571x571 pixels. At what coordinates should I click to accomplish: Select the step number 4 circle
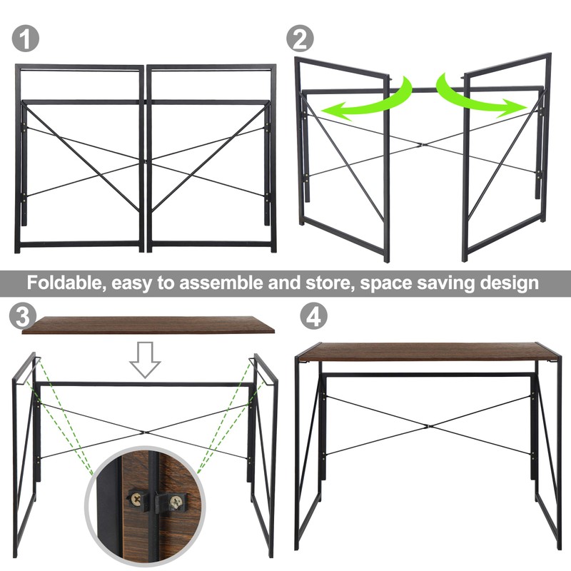tap(312, 316)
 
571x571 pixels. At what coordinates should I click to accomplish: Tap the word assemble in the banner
tap(222, 283)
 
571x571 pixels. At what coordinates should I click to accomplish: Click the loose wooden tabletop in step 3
tap(148, 325)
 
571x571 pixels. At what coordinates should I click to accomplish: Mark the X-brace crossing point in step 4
tap(427, 426)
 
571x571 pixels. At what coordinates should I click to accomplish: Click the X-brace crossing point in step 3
tap(146, 431)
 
